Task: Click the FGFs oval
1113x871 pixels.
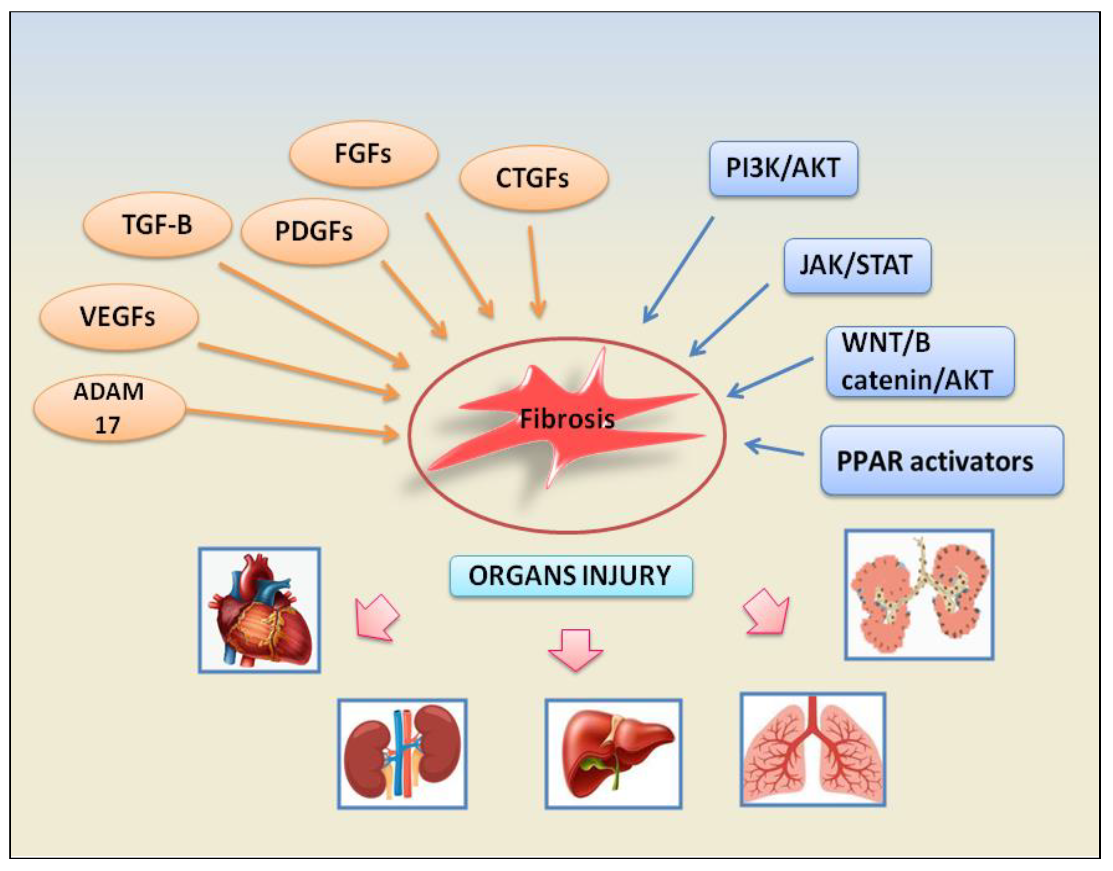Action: click(363, 154)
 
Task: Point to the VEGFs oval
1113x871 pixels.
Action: click(119, 317)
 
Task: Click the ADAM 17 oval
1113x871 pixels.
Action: click(109, 408)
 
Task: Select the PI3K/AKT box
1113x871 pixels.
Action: click(784, 169)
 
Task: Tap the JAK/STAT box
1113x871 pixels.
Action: click(858, 266)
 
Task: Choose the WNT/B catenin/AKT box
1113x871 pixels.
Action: click(920, 362)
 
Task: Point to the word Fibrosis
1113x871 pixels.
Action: click(567, 419)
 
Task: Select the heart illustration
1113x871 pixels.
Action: click(260, 610)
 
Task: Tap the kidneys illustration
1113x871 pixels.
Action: click(402, 754)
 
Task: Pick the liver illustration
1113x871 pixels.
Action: click(613, 754)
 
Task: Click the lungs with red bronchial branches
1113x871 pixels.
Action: click(813, 749)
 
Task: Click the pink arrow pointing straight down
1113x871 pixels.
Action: click(575, 650)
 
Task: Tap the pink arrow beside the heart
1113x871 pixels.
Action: click(377, 617)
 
